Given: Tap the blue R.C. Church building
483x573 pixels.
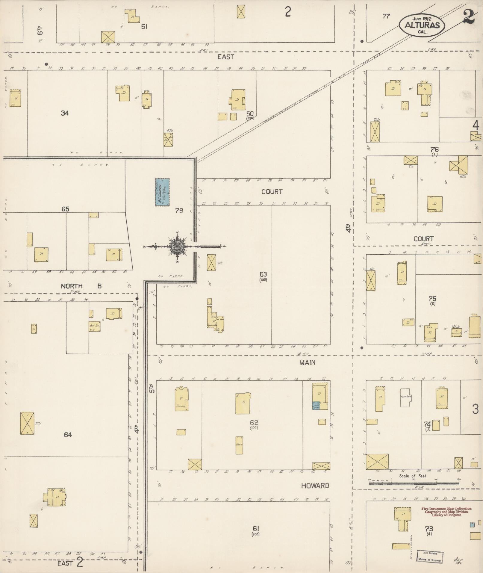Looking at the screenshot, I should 162,192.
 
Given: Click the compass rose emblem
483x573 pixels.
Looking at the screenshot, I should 177,247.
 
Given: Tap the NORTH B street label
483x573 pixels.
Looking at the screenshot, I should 81,286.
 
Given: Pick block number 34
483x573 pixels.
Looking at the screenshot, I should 65,113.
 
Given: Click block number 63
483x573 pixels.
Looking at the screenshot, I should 263,274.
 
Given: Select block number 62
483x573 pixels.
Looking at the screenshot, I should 254,423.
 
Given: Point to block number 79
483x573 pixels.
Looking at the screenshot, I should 179,211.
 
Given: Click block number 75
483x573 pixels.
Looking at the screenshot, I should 432,299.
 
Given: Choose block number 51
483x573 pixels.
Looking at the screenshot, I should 144,27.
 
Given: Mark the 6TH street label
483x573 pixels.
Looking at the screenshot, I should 40,30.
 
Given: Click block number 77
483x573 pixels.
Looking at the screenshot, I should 386,16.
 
